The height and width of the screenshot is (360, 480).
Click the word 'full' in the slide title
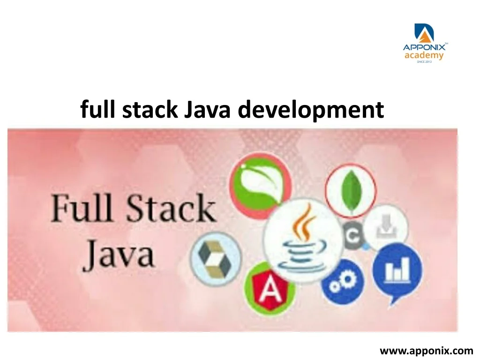point(98,111)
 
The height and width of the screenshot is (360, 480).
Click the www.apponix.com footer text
point(426,350)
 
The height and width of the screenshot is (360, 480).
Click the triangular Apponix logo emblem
point(424,33)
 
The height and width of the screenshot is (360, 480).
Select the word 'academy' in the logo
point(424,56)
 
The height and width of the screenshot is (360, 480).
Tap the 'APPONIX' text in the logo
point(424,47)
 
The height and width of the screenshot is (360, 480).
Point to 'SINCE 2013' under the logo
point(424,62)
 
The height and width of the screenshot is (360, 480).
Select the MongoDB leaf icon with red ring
point(351,190)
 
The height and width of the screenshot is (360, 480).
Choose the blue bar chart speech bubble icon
point(398,270)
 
